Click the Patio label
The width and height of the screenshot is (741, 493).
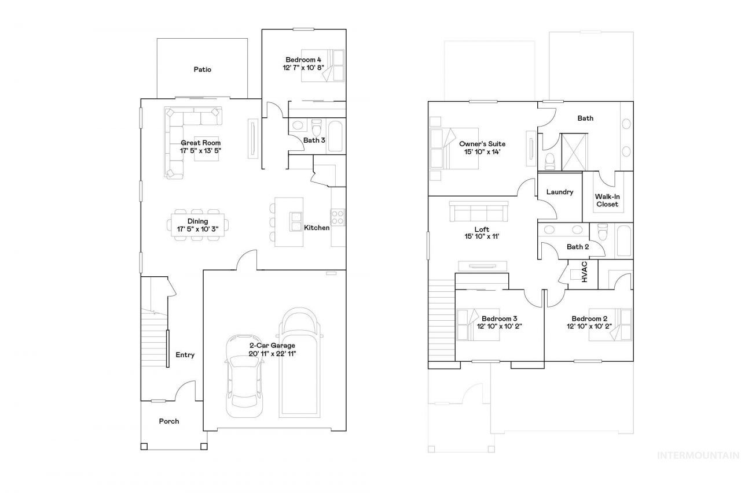click(x=202, y=69)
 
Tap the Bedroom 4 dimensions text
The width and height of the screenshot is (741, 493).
click(x=303, y=68)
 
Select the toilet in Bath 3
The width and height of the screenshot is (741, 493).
click(x=317, y=127)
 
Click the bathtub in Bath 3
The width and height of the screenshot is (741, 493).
click(x=335, y=136)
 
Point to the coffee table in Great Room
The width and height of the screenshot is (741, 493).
click(x=207, y=149)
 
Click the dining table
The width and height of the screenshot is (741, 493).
click(x=197, y=225)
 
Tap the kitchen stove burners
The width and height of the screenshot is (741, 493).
click(x=338, y=217)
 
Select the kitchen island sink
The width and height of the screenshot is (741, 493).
click(x=296, y=221)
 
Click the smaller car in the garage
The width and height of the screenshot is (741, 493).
click(x=245, y=376)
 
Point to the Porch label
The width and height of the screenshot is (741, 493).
click(x=168, y=421)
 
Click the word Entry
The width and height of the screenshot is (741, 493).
click(x=185, y=355)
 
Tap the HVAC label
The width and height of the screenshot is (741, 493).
click(x=585, y=272)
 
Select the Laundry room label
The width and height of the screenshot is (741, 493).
click(x=560, y=192)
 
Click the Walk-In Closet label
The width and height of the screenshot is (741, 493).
click(x=607, y=201)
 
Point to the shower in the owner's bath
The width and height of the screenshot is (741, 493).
click(x=575, y=152)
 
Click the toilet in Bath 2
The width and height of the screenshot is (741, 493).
click(x=603, y=232)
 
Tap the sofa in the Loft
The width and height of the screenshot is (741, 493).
click(x=479, y=212)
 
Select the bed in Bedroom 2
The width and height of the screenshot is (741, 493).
click(x=610, y=325)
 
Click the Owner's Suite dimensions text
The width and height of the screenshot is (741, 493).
click(x=482, y=152)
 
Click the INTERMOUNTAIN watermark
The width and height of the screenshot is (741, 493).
click(x=698, y=455)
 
